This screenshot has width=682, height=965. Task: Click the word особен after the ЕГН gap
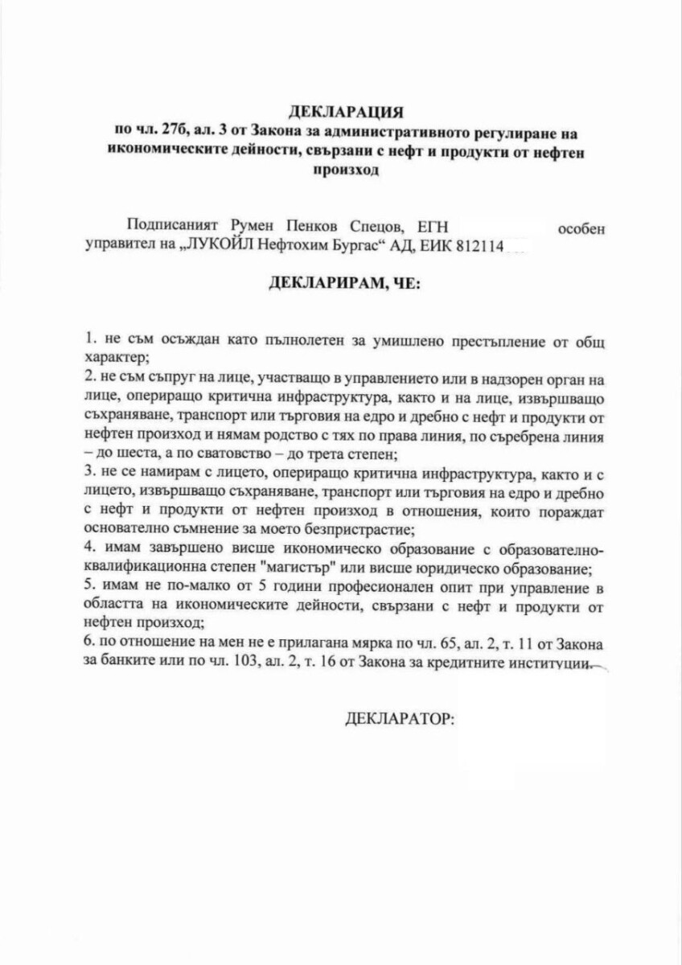(577, 228)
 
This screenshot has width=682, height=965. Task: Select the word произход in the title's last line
(345, 170)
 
